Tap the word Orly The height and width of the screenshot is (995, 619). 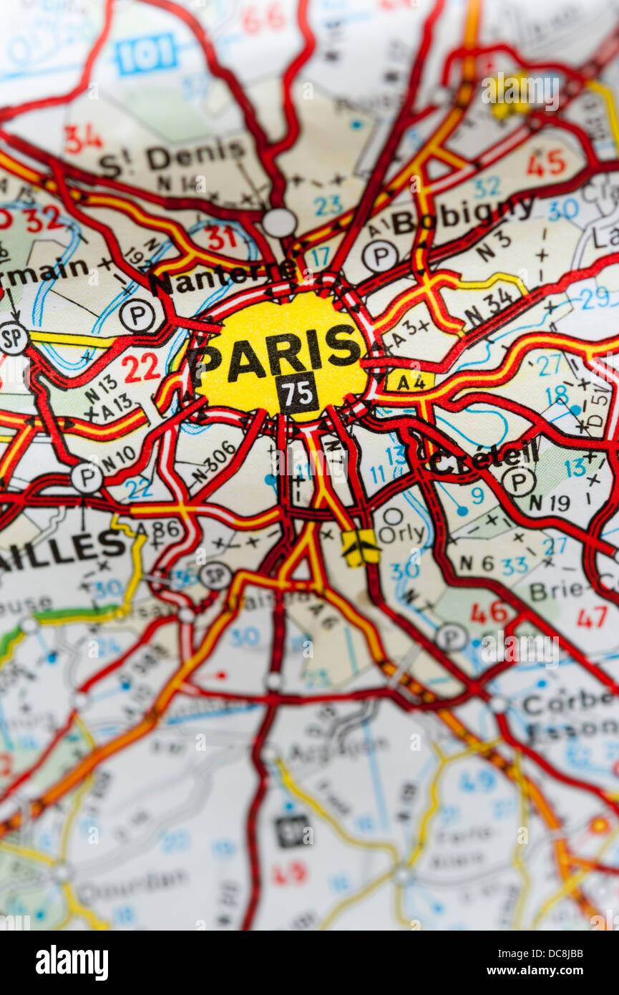401,534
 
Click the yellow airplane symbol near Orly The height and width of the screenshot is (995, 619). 360,548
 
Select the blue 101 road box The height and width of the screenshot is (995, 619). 146,54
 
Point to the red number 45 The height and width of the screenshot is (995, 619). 546,164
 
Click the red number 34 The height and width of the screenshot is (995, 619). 83,139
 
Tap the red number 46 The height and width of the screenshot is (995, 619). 489,613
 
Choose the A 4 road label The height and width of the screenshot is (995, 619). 411,382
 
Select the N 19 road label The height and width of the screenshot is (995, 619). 550,503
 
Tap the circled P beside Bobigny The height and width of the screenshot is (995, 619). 379,256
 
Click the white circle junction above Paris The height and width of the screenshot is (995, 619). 279,223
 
